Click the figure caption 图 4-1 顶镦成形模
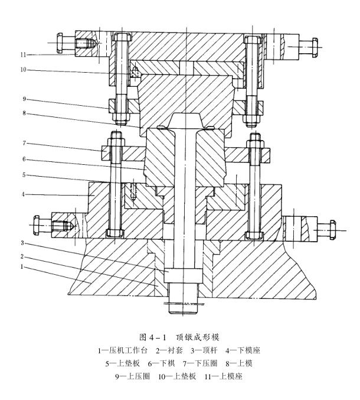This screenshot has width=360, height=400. click(x=179, y=337)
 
